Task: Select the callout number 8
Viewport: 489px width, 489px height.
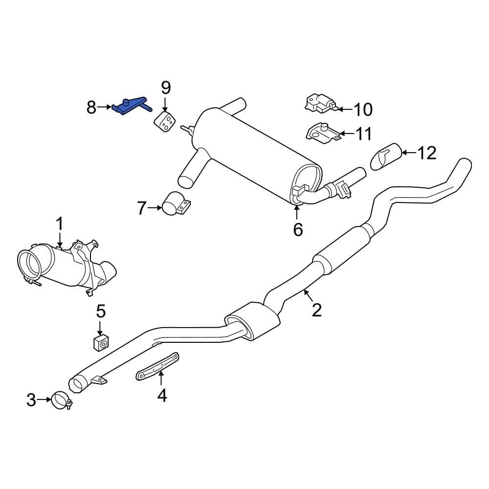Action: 91,107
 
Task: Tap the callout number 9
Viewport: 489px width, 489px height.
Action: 166,88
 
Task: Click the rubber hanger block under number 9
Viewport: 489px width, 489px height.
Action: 165,122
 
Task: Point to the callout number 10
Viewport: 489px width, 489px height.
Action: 363,110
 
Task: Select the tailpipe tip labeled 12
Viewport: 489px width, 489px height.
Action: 387,156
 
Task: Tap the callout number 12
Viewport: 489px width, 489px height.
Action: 426,153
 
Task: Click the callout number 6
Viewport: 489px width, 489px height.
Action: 298,228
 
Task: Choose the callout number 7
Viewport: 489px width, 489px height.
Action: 141,209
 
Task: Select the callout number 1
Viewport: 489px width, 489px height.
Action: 59,224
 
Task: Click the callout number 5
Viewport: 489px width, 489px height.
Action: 100,311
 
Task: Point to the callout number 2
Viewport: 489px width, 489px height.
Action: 317,310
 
